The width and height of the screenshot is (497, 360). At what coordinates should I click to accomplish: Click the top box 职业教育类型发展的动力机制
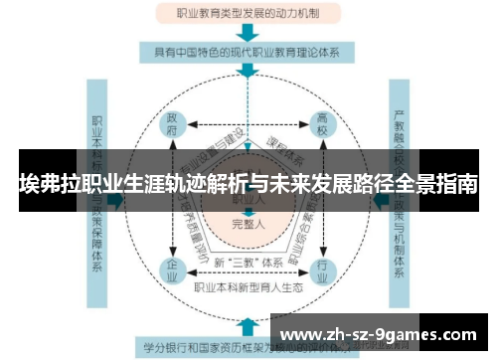[x=248, y=14]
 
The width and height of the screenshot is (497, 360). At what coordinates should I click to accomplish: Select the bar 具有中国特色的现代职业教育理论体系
[x=248, y=51]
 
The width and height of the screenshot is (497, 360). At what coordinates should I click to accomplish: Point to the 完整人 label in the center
[x=248, y=225]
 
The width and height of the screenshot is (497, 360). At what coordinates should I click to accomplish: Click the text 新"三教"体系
[x=248, y=261]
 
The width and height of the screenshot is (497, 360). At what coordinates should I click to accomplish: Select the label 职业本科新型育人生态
[x=248, y=287]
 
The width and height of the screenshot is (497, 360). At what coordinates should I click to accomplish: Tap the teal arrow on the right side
[x=381, y=199]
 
